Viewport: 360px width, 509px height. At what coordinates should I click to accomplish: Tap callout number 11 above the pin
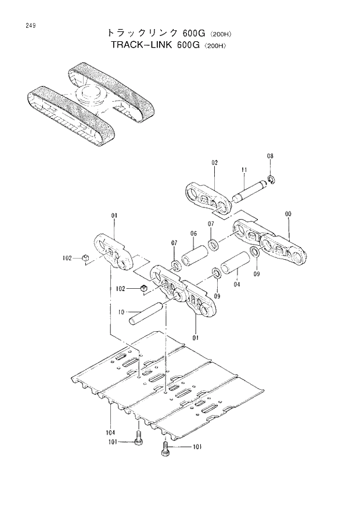click(x=244, y=170)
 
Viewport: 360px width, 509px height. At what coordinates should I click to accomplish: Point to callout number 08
click(x=270, y=156)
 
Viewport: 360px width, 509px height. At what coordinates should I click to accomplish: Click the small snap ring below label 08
click(x=271, y=178)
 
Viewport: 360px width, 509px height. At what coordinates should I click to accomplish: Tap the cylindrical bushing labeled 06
click(x=194, y=256)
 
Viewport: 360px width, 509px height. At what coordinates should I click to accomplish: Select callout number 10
click(x=121, y=312)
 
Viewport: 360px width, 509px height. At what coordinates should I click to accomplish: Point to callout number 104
click(x=110, y=432)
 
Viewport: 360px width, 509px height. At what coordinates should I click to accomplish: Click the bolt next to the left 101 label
click(x=138, y=440)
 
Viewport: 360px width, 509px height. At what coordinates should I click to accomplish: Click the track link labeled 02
click(x=206, y=199)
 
